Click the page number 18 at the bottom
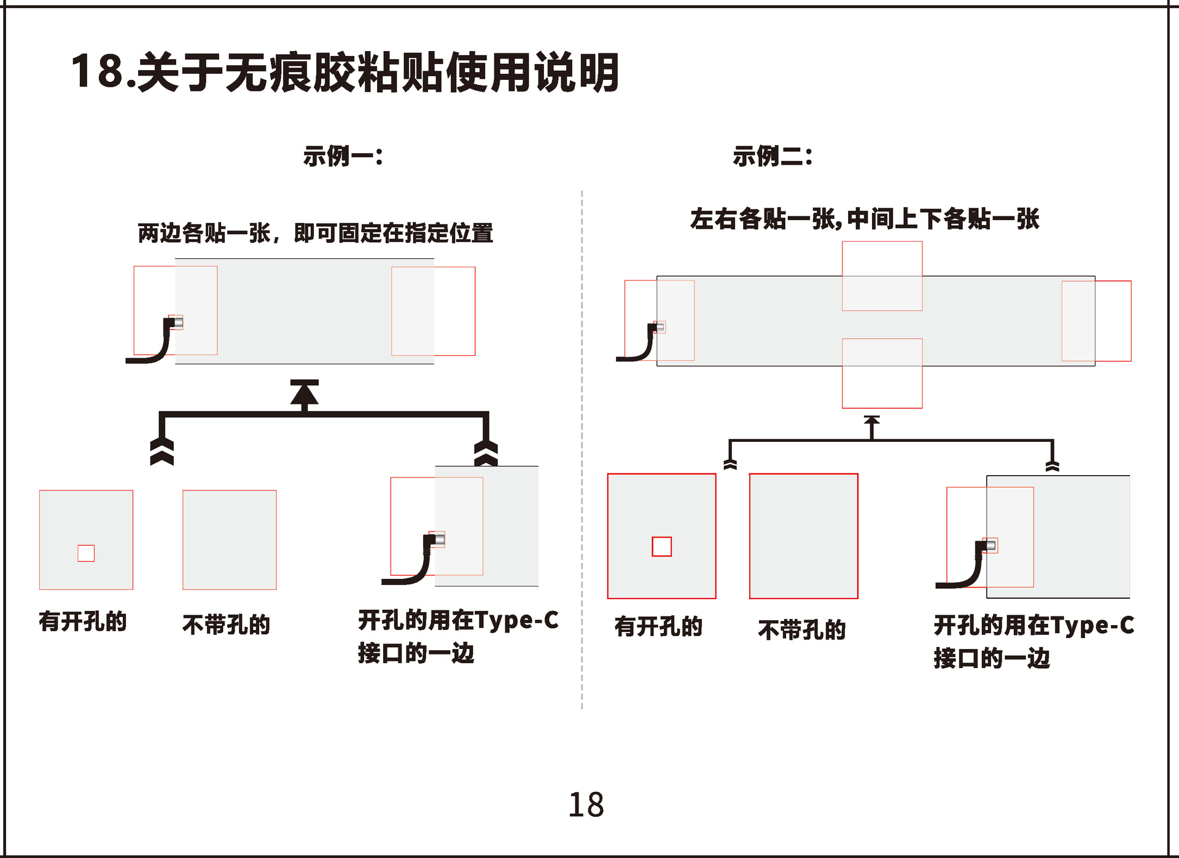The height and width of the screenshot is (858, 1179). tap(586, 805)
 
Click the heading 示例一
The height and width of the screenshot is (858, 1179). tap(343, 156)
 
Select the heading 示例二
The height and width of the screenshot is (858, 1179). tap(772, 156)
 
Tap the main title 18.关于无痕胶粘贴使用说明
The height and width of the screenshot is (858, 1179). tap(344, 72)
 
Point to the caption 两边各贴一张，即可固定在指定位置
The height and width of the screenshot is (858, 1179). tap(315, 234)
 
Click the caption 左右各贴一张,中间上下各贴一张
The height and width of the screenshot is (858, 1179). tap(864, 219)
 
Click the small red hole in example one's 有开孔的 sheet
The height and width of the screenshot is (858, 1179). tap(86, 553)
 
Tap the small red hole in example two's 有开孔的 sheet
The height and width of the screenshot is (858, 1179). tap(661, 546)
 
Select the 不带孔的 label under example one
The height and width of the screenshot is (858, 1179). tap(226, 624)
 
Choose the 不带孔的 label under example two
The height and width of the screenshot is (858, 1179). tap(801, 630)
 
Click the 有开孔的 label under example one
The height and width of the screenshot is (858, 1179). tap(82, 621)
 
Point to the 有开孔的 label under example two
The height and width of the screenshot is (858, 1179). tap(658, 627)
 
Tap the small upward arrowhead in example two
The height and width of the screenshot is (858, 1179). tap(871, 421)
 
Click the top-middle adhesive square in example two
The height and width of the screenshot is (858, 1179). tap(882, 276)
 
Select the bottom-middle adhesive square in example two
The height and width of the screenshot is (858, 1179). tap(882, 373)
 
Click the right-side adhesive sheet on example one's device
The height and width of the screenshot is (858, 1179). tap(433, 311)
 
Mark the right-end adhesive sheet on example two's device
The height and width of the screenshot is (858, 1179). tap(1096, 321)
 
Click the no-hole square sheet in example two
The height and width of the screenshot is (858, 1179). tap(803, 536)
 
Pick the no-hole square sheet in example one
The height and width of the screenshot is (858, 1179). tap(229, 540)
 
